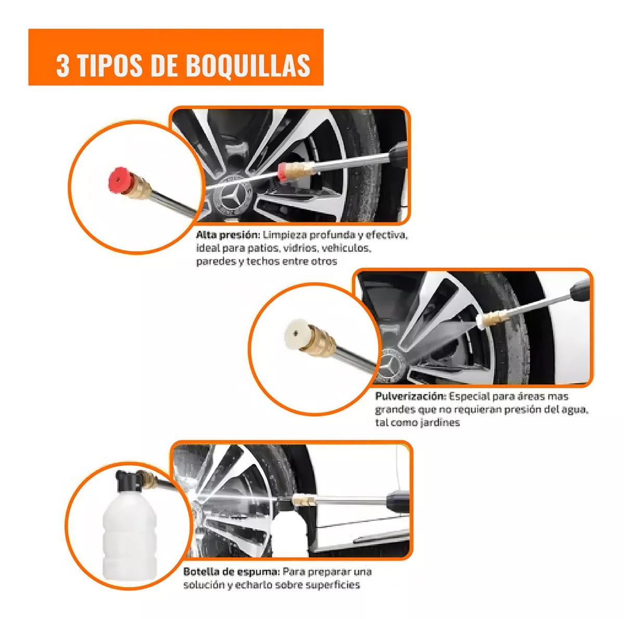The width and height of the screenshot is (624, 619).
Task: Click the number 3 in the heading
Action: point(62,66)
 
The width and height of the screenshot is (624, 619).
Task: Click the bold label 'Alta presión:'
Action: point(227,235)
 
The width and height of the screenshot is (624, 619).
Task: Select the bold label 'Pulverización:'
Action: point(410,397)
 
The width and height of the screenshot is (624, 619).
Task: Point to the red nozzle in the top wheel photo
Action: point(284,171)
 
